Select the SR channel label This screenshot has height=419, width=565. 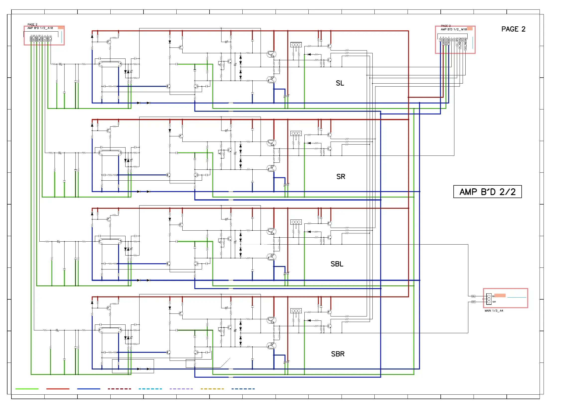(x=341, y=176)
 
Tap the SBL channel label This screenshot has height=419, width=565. (x=337, y=264)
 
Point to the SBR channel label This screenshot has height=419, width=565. (x=338, y=354)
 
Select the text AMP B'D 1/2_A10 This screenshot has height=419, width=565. (x=40, y=28)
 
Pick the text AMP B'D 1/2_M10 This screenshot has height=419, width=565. (x=454, y=29)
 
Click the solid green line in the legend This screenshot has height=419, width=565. (x=27, y=389)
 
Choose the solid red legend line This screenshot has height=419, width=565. (x=58, y=389)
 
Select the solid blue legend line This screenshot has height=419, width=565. (x=89, y=389)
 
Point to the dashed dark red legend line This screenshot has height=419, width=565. (x=119, y=389)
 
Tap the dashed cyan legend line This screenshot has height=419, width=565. (x=150, y=389)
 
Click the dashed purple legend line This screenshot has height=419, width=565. (x=181, y=389)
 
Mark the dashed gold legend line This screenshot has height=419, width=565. (x=212, y=389)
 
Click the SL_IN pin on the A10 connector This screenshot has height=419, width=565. (x=51, y=39)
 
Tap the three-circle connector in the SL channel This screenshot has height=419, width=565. (x=296, y=45)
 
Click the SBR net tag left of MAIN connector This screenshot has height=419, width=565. (x=473, y=302)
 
